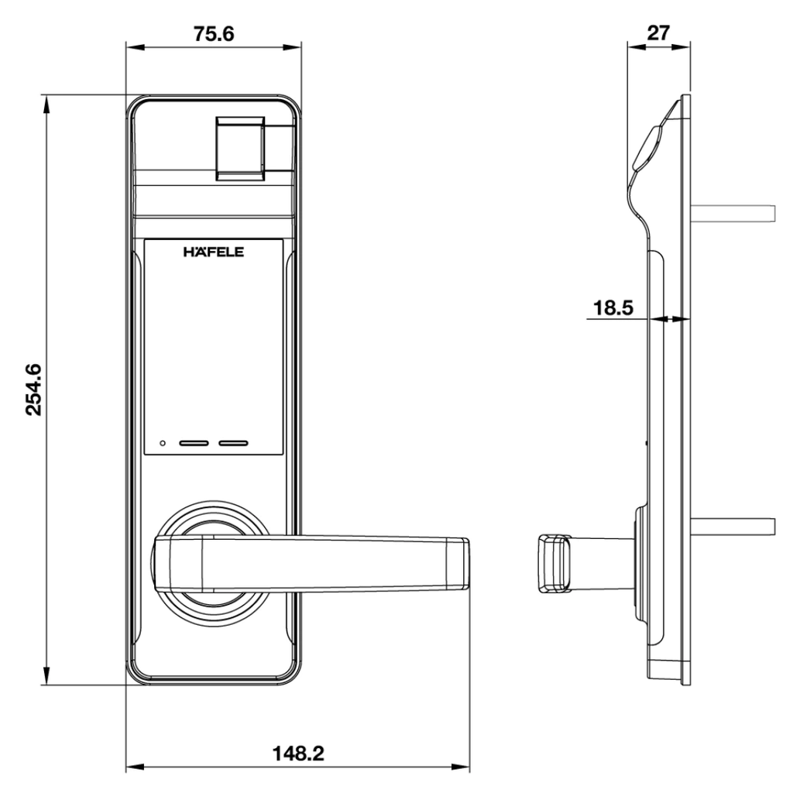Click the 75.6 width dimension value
213,34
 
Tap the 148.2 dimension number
298,753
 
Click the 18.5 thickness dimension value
613,307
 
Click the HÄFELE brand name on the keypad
213,252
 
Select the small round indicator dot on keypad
162,445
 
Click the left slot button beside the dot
194,445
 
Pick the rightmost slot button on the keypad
233,445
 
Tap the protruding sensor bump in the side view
647,147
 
